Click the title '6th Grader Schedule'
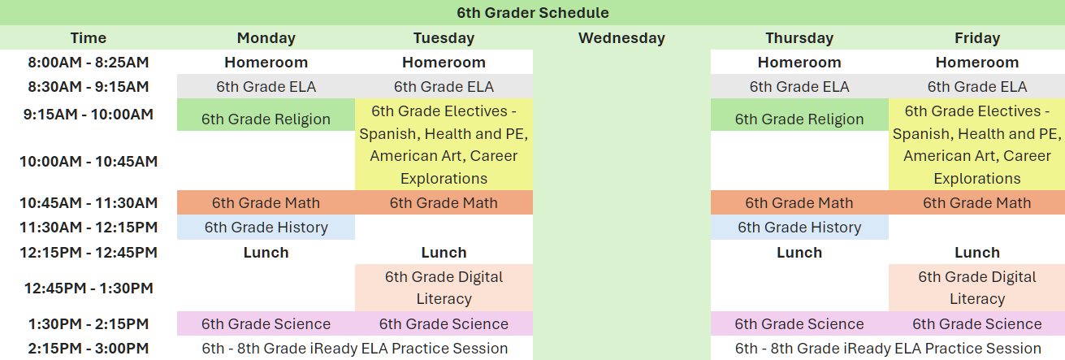point(533,12)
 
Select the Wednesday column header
point(621,37)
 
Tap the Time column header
point(89,37)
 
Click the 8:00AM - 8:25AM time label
point(89,63)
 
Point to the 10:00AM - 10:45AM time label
point(89,161)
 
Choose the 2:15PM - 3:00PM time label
point(89,348)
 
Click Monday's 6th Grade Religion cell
point(266,115)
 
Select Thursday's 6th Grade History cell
point(799,228)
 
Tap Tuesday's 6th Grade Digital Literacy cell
point(444,288)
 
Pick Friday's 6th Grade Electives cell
point(977,145)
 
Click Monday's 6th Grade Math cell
point(266,202)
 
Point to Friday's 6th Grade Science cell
point(977,324)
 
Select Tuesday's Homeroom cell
point(444,63)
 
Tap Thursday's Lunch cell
point(799,252)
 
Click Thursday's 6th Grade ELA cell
point(799,87)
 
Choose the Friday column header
point(977,37)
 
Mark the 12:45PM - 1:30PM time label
point(89,288)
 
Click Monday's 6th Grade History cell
point(266,228)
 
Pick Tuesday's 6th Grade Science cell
point(444,324)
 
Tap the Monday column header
point(266,37)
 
